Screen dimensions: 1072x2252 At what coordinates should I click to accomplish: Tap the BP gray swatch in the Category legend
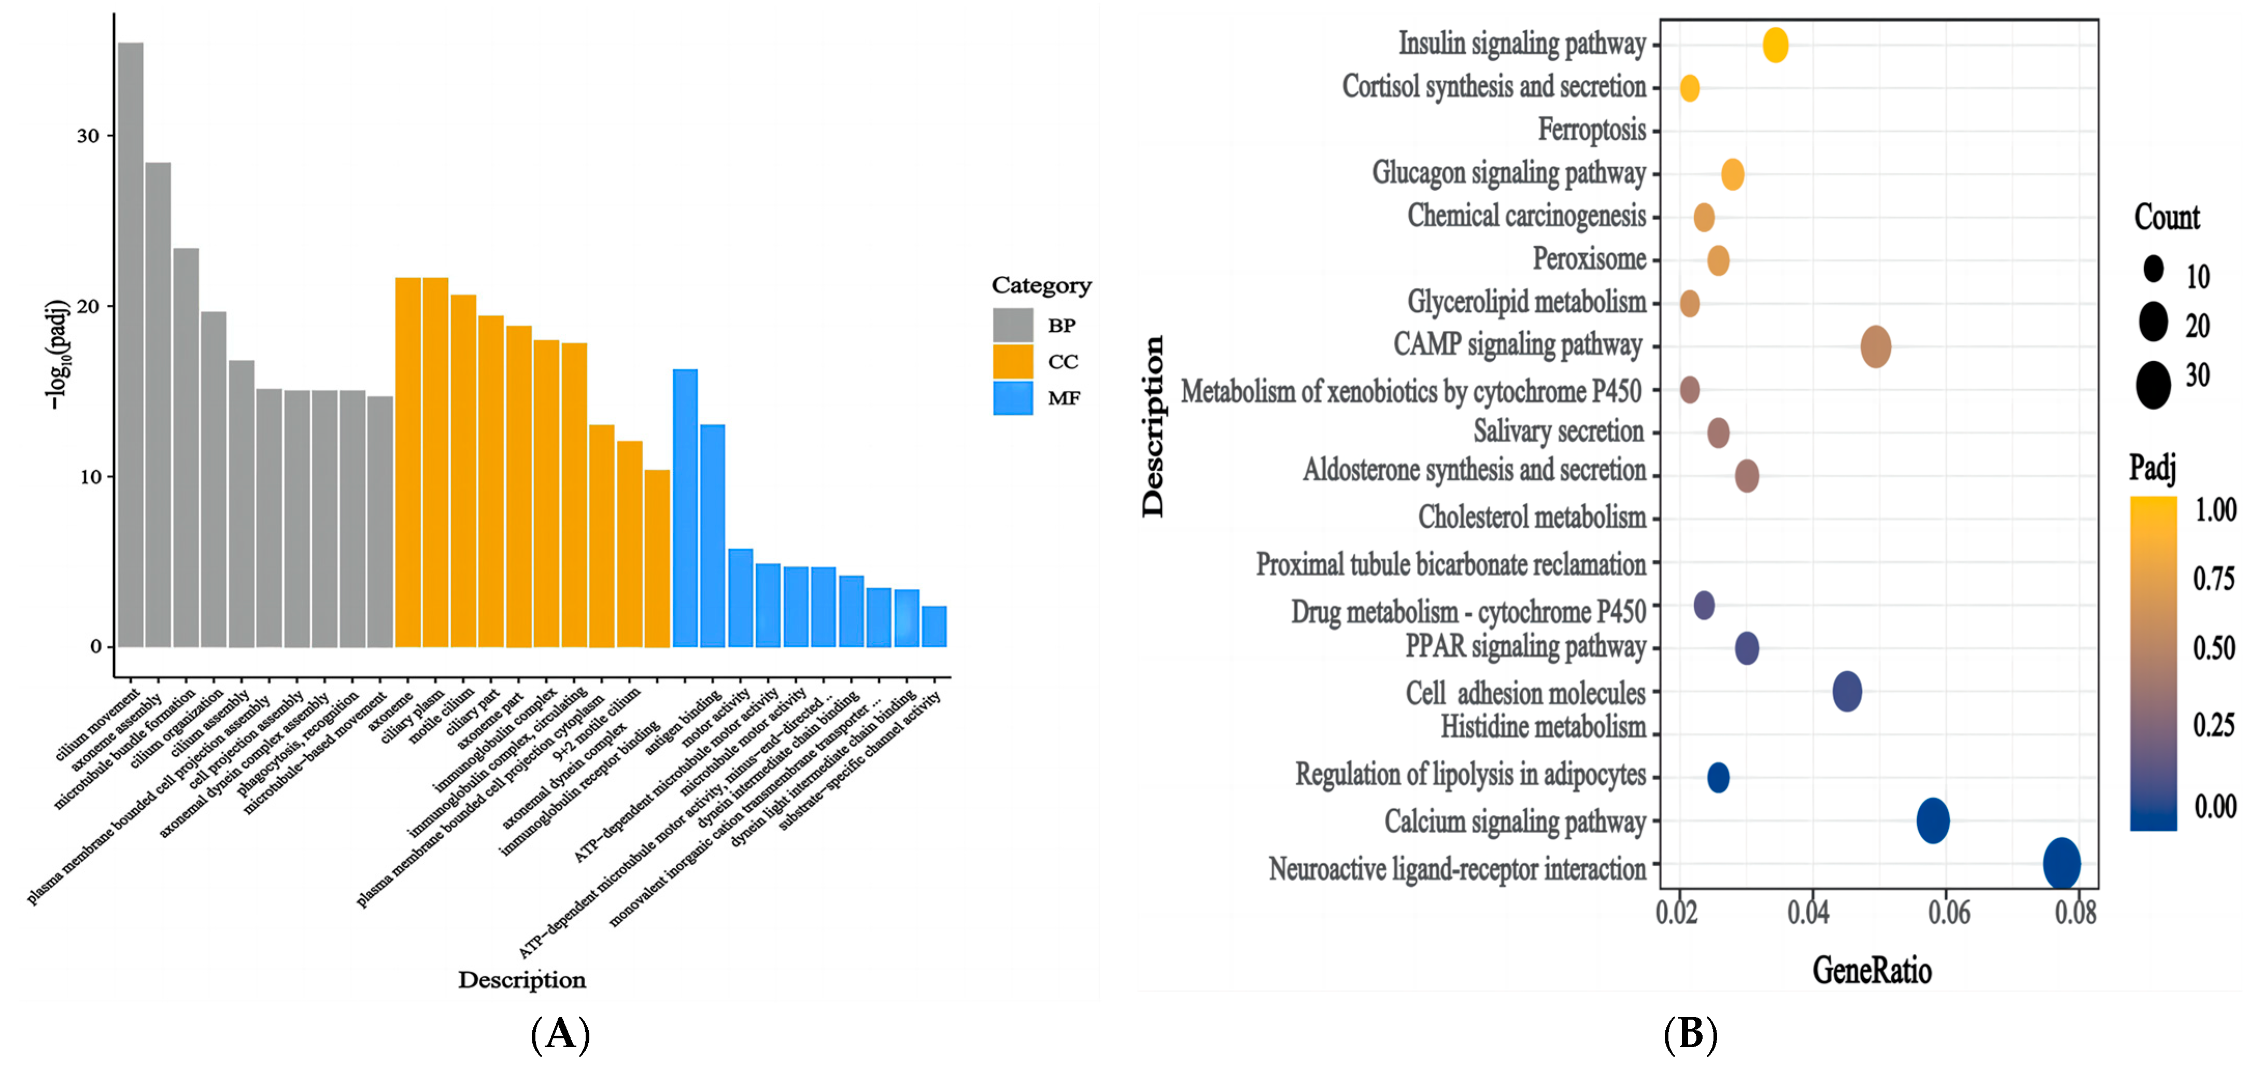coord(1012,325)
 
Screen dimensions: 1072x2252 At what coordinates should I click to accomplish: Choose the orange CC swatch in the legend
coord(1012,361)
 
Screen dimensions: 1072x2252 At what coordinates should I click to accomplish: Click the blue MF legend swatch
coord(1012,398)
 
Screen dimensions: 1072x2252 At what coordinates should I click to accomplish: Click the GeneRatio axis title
coord(1871,970)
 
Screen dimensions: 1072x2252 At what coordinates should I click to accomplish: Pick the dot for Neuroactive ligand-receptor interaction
coord(2061,863)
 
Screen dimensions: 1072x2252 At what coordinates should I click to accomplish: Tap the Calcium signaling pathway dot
coord(1932,820)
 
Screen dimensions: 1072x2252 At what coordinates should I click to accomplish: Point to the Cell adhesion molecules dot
coord(1846,692)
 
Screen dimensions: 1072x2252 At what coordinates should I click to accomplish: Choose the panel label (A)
coord(560,1034)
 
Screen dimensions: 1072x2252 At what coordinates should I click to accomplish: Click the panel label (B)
coord(1690,1034)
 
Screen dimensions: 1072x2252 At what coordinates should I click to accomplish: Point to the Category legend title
coord(1041,286)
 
